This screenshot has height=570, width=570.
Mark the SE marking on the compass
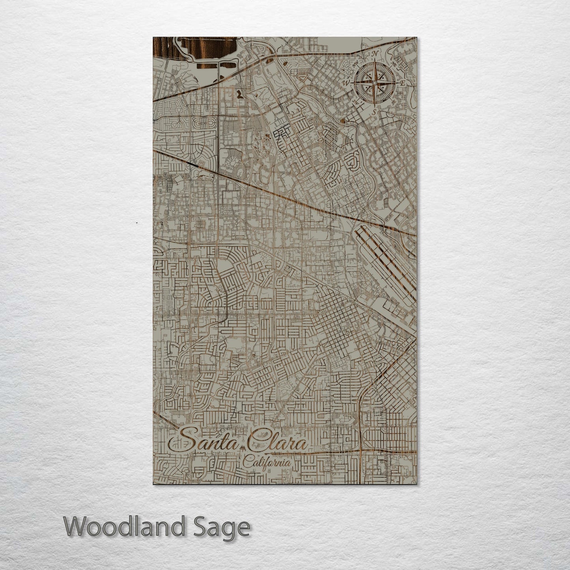point(393,102)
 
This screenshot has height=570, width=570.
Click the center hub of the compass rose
point(374,83)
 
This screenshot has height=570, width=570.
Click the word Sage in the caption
point(228,527)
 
